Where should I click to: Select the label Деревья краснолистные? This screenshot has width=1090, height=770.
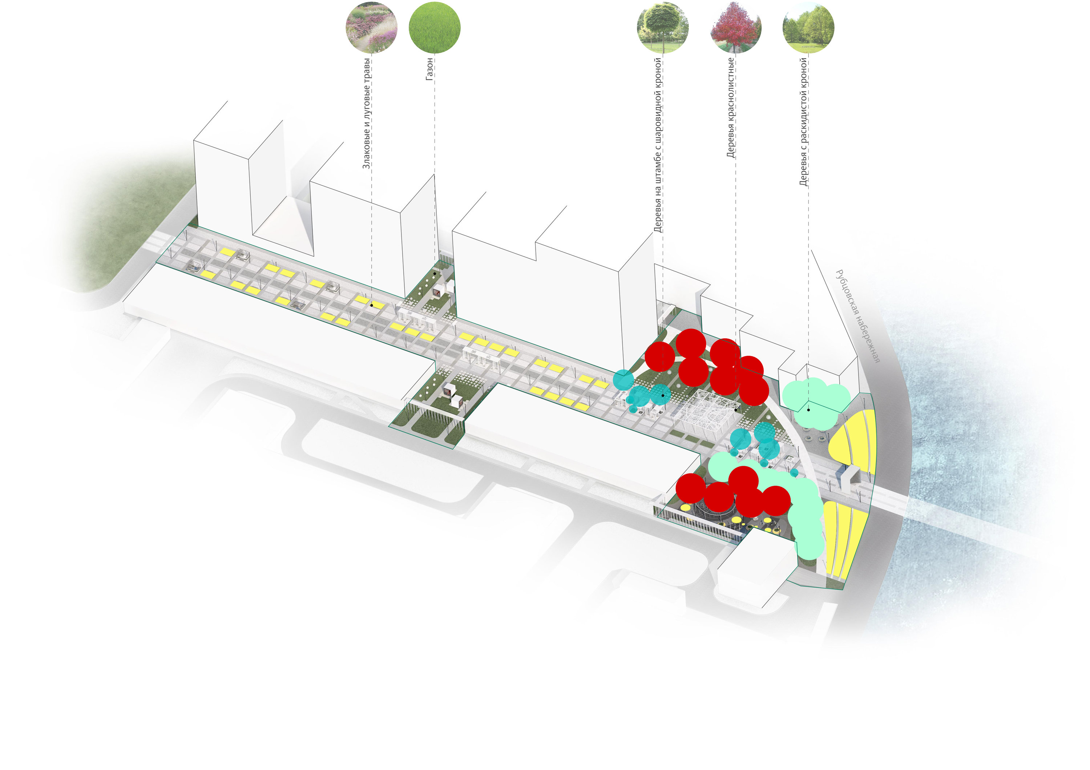tap(731, 108)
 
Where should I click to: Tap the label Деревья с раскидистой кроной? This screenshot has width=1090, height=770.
tap(803, 122)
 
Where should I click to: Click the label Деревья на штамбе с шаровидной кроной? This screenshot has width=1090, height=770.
tap(658, 145)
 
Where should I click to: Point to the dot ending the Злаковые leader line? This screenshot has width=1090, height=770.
tap(372, 305)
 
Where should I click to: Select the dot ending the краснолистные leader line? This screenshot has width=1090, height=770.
tap(736, 409)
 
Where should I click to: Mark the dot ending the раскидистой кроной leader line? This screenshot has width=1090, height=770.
tap(808, 410)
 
